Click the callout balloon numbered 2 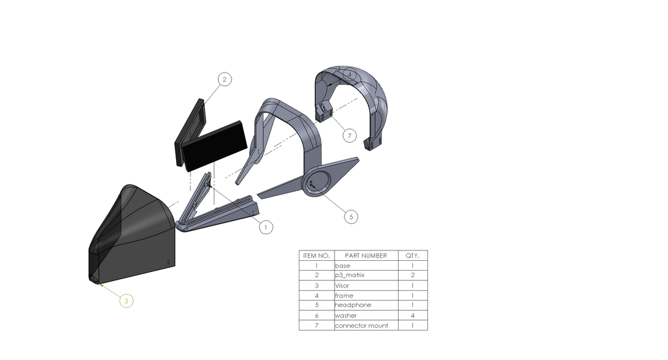pos(224,80)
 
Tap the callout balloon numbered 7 pos(350,136)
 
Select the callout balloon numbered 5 pos(351,217)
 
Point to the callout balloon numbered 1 pos(266,227)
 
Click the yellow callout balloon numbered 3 pos(126,301)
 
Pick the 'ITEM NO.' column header pos(316,256)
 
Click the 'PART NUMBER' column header pos(366,256)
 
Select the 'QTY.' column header pos(412,256)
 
